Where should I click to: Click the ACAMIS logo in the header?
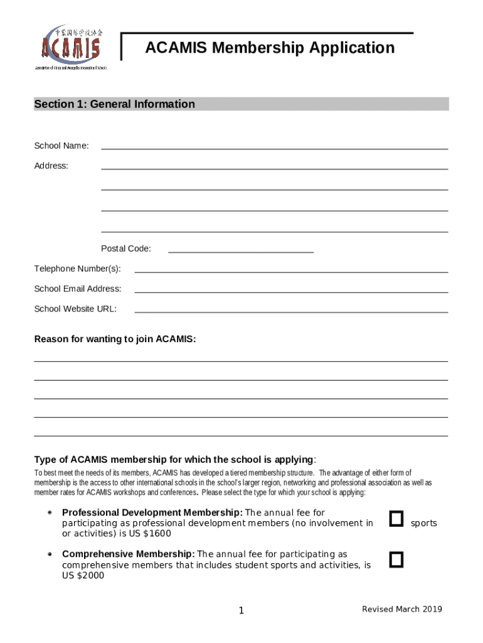click(x=70, y=46)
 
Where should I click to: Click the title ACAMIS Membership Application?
click(x=270, y=48)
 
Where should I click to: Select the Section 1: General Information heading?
click(x=114, y=104)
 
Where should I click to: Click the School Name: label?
click(x=61, y=146)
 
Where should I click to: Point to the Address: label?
click(x=51, y=166)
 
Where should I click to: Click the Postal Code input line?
click(x=241, y=251)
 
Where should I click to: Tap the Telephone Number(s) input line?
click(x=291, y=271)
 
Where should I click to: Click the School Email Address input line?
click(x=291, y=291)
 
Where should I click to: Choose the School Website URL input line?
click(x=291, y=311)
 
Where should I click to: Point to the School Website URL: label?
click(x=75, y=309)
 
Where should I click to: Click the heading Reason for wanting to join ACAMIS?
click(x=115, y=339)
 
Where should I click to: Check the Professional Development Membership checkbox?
click(x=396, y=519)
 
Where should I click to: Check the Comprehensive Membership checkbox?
click(x=396, y=559)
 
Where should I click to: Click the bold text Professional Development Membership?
click(x=152, y=512)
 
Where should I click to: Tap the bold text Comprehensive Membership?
click(x=129, y=554)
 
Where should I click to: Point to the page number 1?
click(x=241, y=611)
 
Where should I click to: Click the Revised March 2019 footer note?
click(x=401, y=609)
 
